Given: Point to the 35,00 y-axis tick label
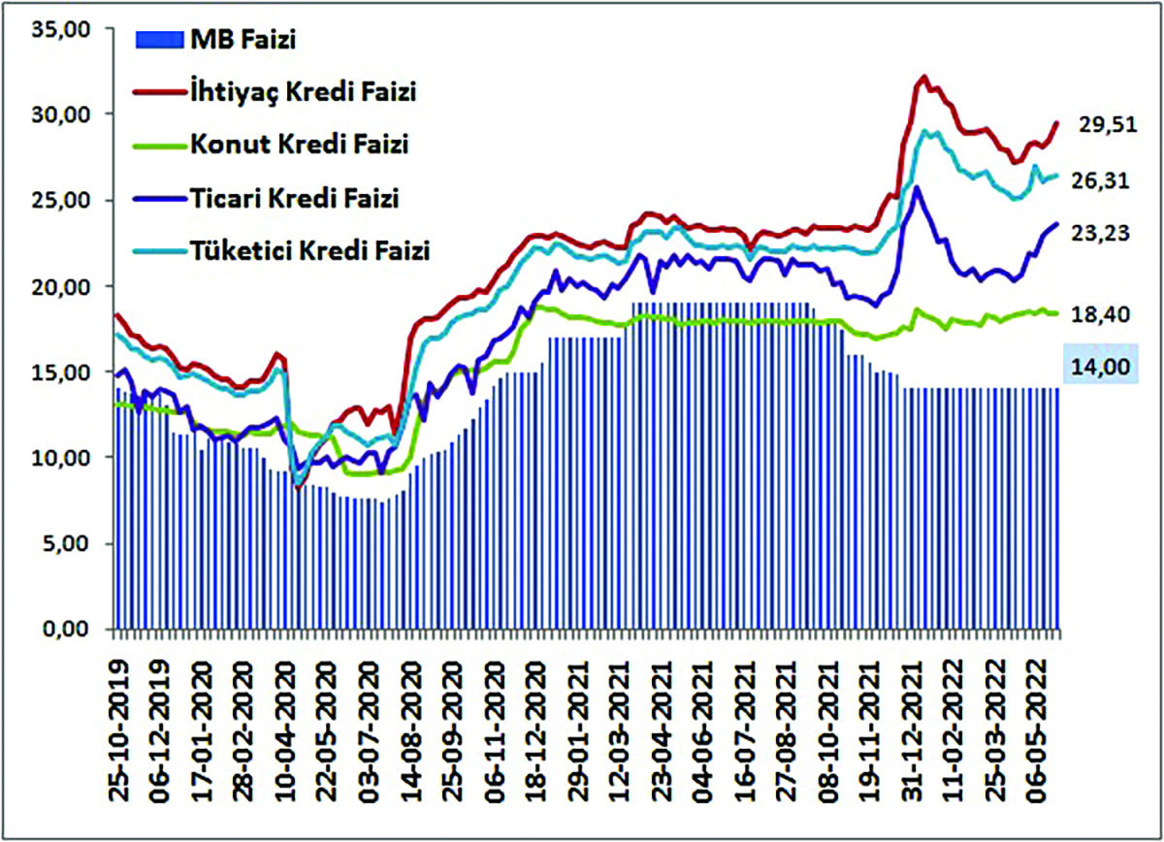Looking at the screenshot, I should pos(62,29).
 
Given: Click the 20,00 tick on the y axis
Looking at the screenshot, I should pos(62,287).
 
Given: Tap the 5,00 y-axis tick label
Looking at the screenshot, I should pos(68,544).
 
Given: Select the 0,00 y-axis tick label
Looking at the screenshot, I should pos(68,631).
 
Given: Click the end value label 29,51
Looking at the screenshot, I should pos(1105,124).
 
